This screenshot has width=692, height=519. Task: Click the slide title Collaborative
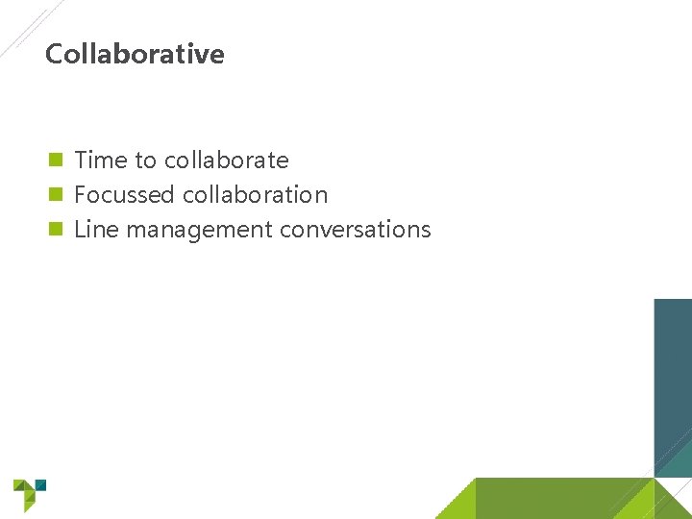pos(135,54)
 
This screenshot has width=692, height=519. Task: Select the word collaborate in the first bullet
pos(226,160)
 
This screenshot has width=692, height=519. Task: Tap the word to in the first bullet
pos(146,160)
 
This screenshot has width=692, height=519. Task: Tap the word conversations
pos(355,230)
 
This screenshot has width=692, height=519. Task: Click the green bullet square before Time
pos(56,160)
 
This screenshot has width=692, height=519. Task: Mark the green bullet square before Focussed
pos(56,195)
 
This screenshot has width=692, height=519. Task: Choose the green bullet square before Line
pos(56,230)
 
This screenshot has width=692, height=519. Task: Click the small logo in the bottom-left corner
pos(28,494)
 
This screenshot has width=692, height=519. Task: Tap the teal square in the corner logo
pos(40,484)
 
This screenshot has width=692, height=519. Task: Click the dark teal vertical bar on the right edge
pos(673,384)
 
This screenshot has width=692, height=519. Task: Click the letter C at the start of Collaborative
pos(54,54)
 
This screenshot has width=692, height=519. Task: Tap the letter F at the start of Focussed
pos(80,195)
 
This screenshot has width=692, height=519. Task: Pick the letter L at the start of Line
pos(79,230)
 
